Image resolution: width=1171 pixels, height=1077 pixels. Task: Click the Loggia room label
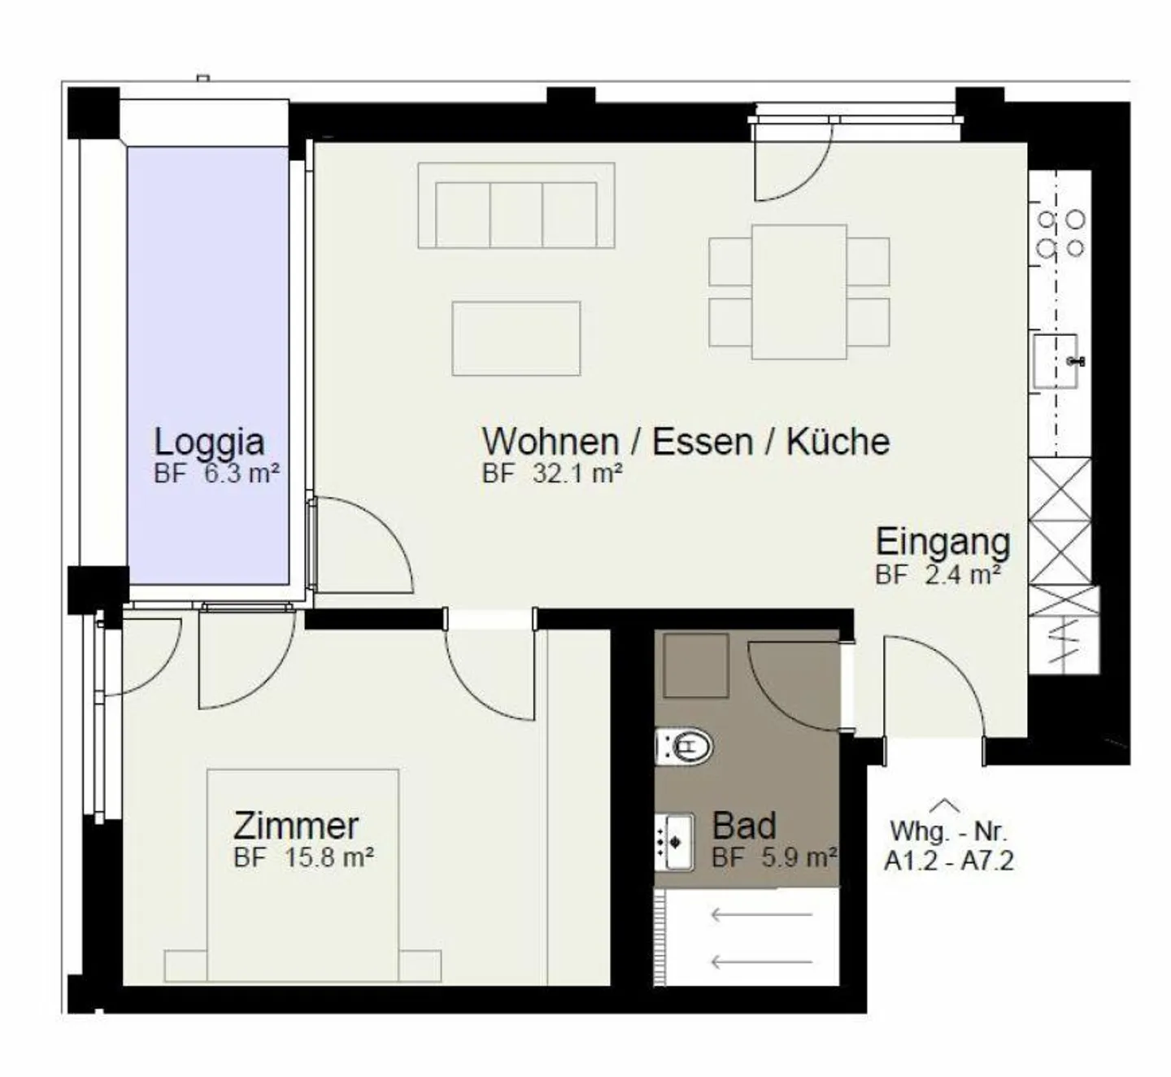click(209, 443)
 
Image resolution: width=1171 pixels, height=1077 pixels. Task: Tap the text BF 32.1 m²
click(551, 473)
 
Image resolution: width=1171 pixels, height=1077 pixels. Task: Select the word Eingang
click(942, 543)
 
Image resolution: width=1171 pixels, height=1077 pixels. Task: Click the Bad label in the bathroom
click(744, 826)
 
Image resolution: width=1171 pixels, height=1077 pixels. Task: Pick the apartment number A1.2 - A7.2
click(949, 861)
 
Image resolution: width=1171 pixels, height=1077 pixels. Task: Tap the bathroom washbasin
click(674, 843)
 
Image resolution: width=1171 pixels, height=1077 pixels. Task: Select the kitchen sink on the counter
click(1055, 361)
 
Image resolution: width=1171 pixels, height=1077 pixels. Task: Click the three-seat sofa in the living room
click(516, 206)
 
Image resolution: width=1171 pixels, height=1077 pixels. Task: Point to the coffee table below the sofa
click(516, 338)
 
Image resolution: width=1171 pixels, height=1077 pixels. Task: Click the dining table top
click(799, 292)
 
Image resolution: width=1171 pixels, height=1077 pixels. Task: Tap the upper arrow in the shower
click(762, 914)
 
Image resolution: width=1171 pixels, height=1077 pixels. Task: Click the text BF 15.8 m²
click(303, 858)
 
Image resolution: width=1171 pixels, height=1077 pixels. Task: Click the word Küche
click(838, 442)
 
